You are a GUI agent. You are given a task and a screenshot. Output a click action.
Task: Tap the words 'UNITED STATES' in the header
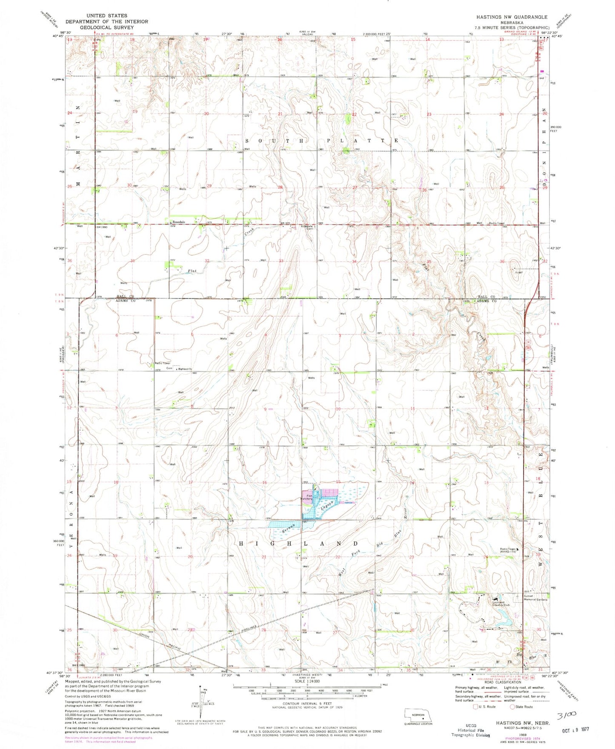click(x=107, y=16)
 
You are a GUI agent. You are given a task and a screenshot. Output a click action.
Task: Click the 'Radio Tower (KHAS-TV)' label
click(x=512, y=550)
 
